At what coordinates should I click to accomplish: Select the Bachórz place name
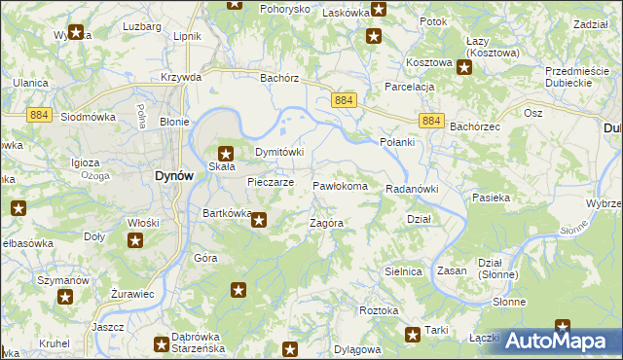pyautogui.click(x=277, y=77)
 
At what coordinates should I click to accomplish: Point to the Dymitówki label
pyautogui.click(x=280, y=153)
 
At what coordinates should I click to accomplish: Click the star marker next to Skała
pyautogui.click(x=226, y=153)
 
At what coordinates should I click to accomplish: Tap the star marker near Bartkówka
pyautogui.click(x=259, y=220)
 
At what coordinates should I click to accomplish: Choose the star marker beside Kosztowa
pyautogui.click(x=465, y=67)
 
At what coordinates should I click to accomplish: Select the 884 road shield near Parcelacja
pyautogui.click(x=343, y=101)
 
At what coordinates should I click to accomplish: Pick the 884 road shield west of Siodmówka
pyautogui.click(x=11, y=114)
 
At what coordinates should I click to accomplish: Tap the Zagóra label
pyautogui.click(x=326, y=223)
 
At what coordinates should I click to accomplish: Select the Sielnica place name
pyautogui.click(x=403, y=271)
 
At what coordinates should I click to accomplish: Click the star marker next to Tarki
pyautogui.click(x=413, y=336)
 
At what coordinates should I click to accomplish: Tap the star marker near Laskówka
pyautogui.click(x=379, y=10)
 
